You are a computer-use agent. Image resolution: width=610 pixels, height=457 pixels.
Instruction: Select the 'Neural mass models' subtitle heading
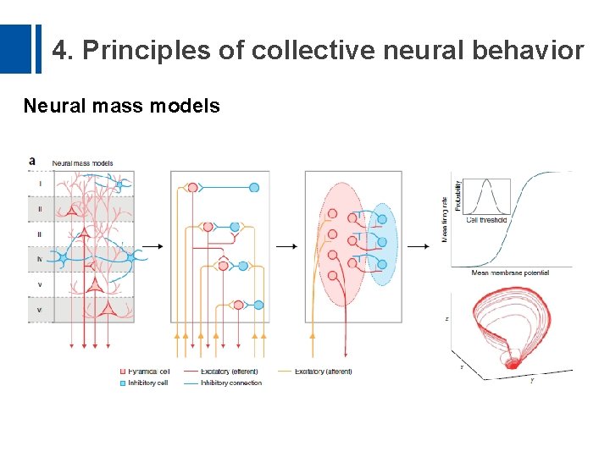121,106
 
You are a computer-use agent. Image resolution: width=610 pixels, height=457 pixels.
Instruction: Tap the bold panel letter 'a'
32,161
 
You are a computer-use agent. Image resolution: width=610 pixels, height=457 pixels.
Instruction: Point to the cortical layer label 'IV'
40,258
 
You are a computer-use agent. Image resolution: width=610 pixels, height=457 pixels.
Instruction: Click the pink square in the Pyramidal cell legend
122,372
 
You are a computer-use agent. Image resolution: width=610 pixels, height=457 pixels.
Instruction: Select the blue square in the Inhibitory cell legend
122,383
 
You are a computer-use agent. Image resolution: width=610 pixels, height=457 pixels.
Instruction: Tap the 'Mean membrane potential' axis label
509,273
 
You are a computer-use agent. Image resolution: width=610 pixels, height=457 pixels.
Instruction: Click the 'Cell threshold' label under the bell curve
486,220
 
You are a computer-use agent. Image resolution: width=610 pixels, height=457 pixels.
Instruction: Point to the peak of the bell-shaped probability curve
486,184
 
